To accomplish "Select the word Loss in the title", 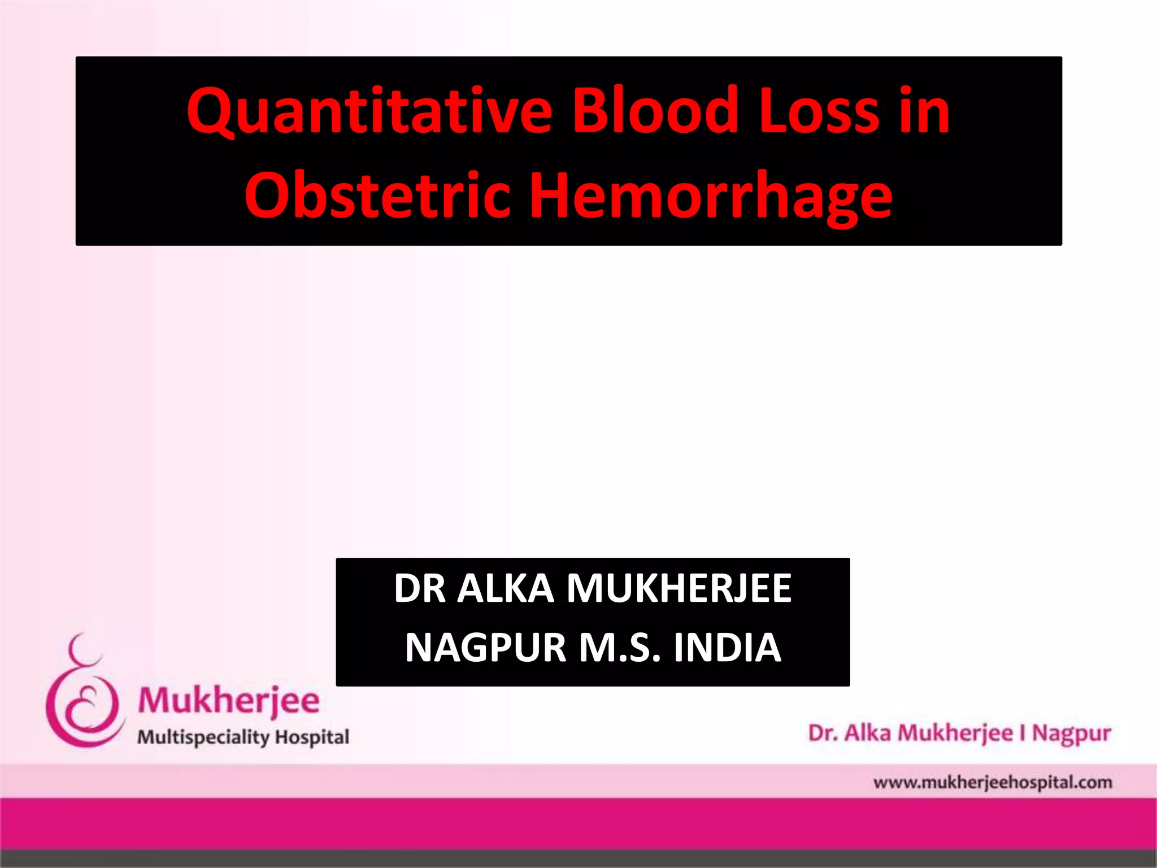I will [819, 111].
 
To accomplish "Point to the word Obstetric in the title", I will [377, 196].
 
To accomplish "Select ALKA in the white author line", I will [505, 589].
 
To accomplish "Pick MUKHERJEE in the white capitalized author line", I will [678, 589].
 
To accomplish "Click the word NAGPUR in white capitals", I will [485, 648].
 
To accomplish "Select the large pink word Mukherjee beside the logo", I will [229, 701].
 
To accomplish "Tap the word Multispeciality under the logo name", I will [203, 737].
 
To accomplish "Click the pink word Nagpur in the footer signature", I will [1071, 734].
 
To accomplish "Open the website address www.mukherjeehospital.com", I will [992, 783].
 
